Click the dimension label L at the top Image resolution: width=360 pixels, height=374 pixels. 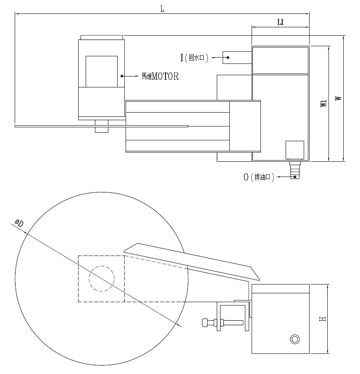(x=162, y=9)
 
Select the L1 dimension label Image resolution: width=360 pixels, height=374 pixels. (x=281, y=22)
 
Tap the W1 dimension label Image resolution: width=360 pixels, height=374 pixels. (x=323, y=103)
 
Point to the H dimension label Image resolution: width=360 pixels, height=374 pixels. (x=323, y=319)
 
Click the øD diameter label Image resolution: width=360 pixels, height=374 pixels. (x=19, y=224)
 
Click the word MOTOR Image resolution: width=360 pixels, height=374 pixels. (x=165, y=76)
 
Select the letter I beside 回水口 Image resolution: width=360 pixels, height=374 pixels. (x=181, y=58)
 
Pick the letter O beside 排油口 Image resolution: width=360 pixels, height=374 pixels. (x=246, y=177)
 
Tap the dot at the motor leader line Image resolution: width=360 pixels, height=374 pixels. (x=122, y=76)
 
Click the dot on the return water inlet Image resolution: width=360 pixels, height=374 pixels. (x=228, y=58)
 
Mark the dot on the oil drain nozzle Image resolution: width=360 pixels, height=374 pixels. (x=295, y=177)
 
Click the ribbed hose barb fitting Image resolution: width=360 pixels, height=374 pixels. (x=295, y=170)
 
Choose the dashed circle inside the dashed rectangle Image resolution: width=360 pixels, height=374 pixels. (x=102, y=278)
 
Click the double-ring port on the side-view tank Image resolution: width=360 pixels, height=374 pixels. (x=295, y=339)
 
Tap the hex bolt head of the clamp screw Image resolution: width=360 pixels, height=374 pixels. (x=205, y=323)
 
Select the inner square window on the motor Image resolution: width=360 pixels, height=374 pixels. (x=102, y=71)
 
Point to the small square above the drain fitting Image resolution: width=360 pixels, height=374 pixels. (x=295, y=150)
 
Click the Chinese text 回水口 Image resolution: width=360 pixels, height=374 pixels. (x=197, y=58)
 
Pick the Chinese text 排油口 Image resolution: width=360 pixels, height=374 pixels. (x=263, y=177)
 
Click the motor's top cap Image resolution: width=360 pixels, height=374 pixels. (x=102, y=37)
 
